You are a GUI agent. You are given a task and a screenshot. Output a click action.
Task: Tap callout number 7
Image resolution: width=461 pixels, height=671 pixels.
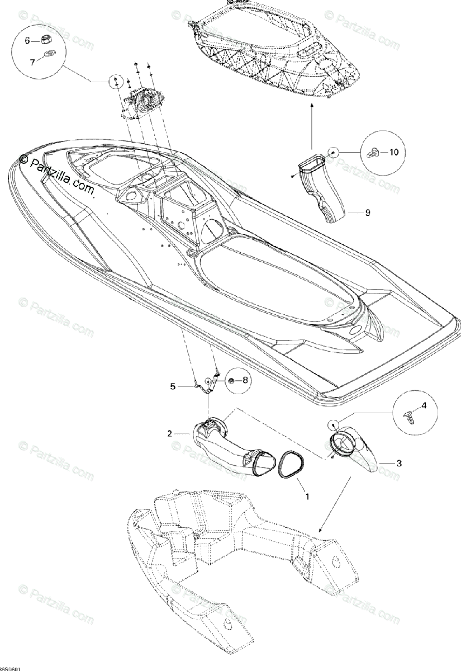click(x=32, y=62)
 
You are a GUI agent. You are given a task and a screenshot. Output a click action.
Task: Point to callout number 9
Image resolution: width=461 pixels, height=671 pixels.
click(x=368, y=212)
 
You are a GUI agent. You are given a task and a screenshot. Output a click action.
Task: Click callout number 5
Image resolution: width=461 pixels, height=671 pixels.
click(x=173, y=386)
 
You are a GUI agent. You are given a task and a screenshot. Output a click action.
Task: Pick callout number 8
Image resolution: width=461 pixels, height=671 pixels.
click(x=244, y=380)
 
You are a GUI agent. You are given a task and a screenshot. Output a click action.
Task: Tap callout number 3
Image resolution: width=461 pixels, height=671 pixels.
click(x=398, y=463)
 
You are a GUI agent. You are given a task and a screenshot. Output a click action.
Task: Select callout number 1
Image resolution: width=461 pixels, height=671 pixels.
click(x=305, y=495)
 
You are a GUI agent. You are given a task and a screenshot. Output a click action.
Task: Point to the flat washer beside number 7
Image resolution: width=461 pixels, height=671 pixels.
click(x=50, y=55)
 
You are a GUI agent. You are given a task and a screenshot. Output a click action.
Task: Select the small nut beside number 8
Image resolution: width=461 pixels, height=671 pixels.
click(x=230, y=380)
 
